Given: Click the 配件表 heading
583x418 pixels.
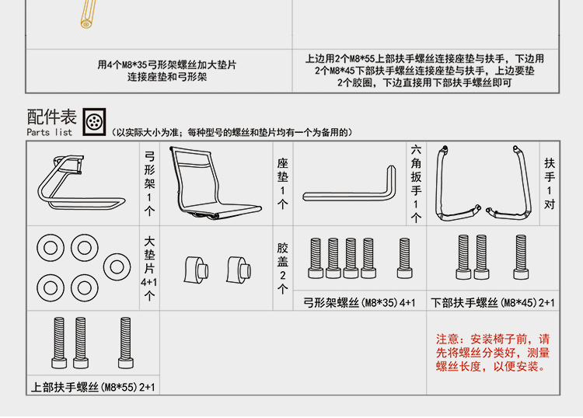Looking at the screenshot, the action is coord(52,117).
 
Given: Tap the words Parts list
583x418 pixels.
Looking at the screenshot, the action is coord(49,132).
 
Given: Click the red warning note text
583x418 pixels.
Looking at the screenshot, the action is coord(496,353).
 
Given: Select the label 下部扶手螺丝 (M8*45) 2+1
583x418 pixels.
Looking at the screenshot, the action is coord(494,302).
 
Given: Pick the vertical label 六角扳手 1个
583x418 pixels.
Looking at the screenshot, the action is coord(417,183).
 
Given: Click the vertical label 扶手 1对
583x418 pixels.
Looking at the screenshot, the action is coord(550,183).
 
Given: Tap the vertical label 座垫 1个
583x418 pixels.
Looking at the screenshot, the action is coord(282,183).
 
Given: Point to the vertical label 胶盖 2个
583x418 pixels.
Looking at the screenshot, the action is coord(282,268).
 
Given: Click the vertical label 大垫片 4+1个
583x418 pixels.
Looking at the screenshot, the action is coord(149,268).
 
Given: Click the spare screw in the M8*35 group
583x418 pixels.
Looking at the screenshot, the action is coord(404,258).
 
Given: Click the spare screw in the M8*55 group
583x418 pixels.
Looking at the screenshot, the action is coord(124,343).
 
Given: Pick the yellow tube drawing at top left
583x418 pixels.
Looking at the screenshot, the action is coord(89,16).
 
